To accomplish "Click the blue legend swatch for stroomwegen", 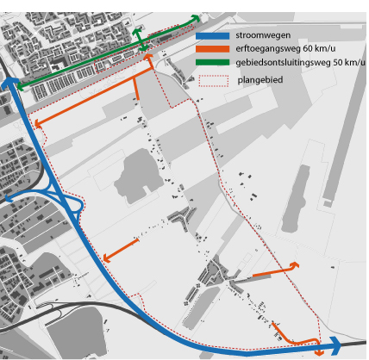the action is (x=212, y=36).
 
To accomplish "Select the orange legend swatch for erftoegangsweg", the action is (x=212, y=49).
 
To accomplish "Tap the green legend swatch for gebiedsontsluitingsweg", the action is (x=212, y=62).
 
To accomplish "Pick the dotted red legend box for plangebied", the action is (x=214, y=81).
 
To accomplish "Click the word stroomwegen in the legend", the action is (x=263, y=35).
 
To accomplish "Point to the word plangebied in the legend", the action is (x=260, y=80).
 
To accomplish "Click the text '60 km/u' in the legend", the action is (x=319, y=48).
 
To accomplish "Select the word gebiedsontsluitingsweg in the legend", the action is (x=283, y=62).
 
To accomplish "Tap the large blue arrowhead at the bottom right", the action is (x=335, y=345).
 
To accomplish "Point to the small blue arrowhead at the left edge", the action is (x=9, y=198).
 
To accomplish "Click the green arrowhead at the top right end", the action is (x=196, y=19).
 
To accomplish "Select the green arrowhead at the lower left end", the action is (x=21, y=86).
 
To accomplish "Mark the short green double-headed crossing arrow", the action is (x=141, y=40).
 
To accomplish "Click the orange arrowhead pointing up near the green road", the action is (x=148, y=57).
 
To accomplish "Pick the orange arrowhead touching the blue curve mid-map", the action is (x=107, y=258).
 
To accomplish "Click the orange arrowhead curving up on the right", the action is (x=295, y=265).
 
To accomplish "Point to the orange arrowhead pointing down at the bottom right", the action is (x=319, y=352).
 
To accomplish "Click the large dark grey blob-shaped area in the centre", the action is (x=139, y=176).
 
